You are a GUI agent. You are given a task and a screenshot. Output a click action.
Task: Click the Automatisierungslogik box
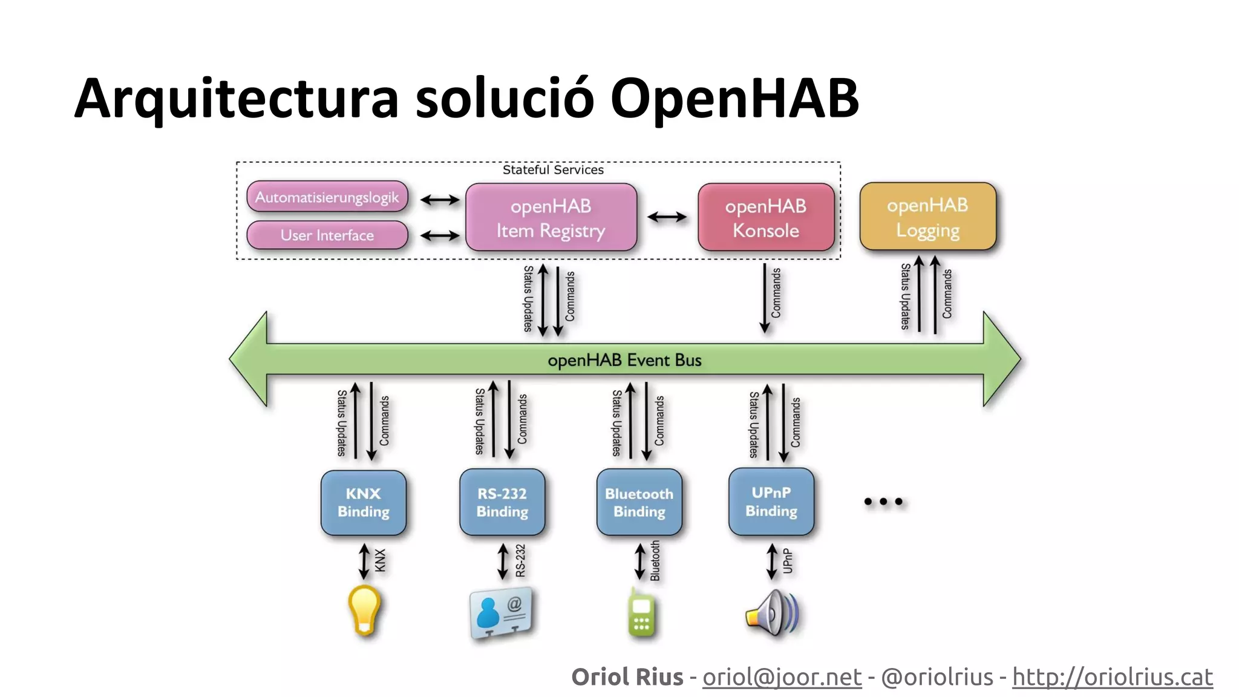coord(327,197)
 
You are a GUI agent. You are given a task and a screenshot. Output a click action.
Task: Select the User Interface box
coord(327,235)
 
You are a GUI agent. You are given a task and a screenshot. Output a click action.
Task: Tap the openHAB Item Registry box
coord(551,218)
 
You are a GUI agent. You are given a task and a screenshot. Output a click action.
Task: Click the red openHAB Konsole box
coord(766,218)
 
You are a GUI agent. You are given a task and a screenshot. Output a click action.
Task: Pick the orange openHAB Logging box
coord(927,217)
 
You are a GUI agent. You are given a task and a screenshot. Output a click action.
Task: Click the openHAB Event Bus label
coord(624,360)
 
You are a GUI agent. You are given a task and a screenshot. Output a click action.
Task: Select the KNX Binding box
coord(363,503)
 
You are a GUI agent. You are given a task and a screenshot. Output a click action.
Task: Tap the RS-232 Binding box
coord(502,503)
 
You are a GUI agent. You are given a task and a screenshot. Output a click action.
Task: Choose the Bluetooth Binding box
coord(639,503)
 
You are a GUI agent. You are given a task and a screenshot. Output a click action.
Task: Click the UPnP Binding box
coord(771,502)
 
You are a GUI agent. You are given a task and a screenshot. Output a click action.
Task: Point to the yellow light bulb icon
coord(365,610)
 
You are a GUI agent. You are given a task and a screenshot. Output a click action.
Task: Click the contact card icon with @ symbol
coord(502,613)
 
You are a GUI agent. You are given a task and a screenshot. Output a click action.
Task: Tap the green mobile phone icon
coord(641,614)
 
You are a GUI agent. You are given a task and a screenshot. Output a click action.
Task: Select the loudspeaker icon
coord(772,614)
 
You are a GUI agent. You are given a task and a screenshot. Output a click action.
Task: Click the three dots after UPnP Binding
coord(883,502)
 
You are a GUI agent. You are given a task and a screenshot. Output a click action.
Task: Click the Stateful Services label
coord(553,170)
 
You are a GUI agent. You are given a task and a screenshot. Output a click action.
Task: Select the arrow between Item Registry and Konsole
coord(667,217)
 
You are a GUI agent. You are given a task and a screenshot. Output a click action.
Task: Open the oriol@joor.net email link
coord(782,677)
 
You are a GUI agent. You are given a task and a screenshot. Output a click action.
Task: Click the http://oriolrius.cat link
coord(1112,677)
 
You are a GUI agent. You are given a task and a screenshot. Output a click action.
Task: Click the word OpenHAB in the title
coord(734,99)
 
